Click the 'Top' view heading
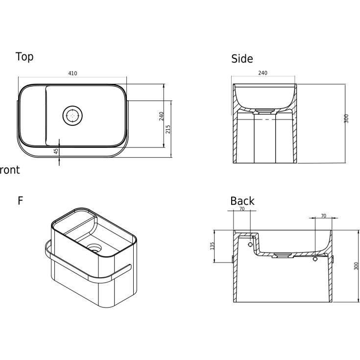click(24, 57)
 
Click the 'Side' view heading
click(242, 59)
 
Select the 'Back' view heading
click(242, 201)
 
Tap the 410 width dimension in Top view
click(72, 73)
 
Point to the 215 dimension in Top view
click(168, 129)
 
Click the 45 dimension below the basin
click(56, 151)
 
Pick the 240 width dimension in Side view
click(263, 73)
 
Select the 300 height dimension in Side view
click(346, 119)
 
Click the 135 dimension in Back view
click(212, 246)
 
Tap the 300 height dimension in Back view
click(356, 266)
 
